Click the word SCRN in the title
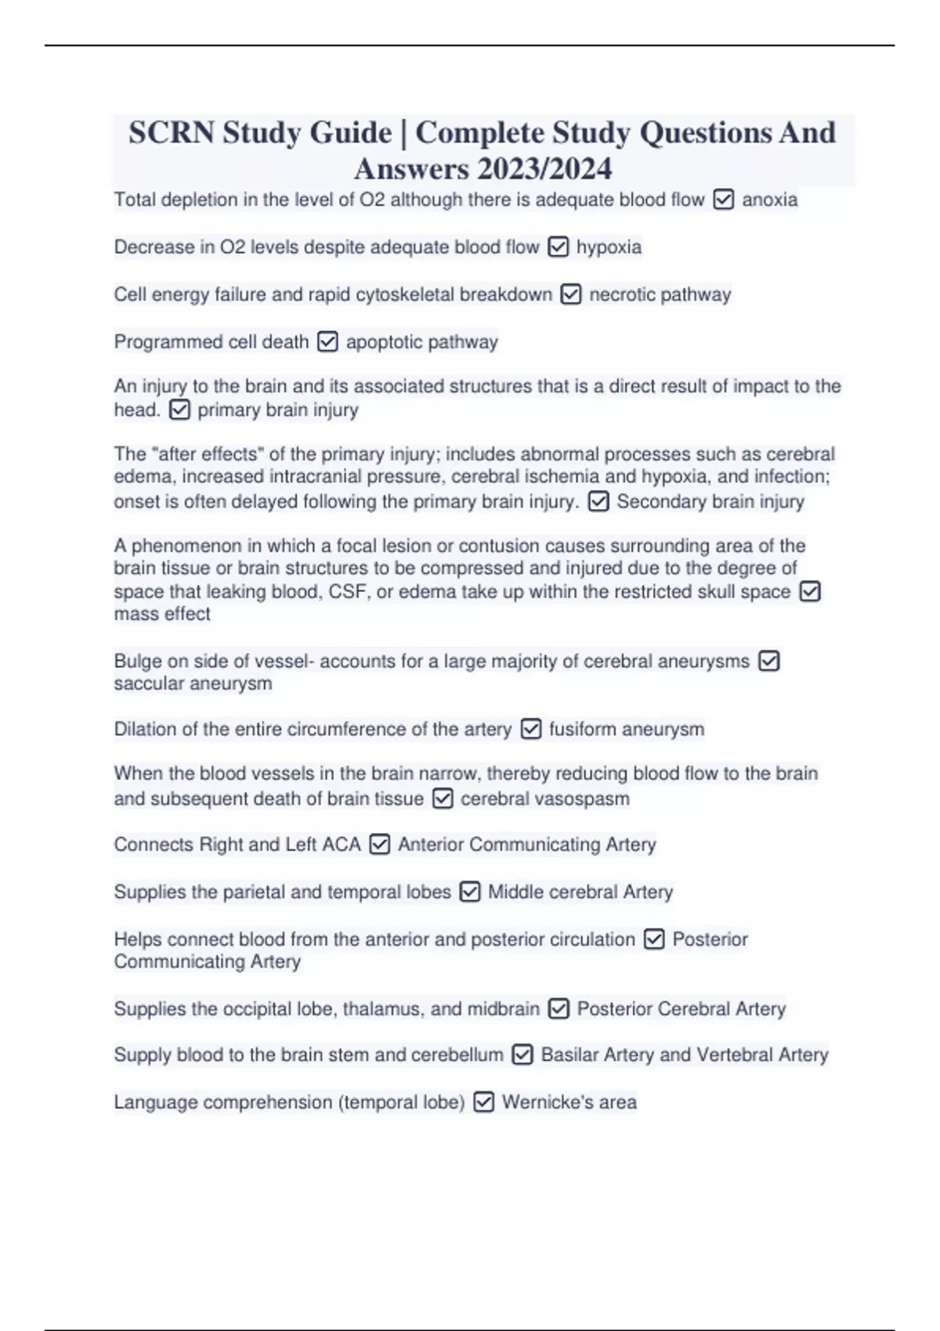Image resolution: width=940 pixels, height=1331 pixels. click(171, 132)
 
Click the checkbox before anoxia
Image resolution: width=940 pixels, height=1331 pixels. click(724, 200)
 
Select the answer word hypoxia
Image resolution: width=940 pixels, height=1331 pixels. click(609, 247)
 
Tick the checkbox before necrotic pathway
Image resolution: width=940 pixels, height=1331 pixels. click(571, 294)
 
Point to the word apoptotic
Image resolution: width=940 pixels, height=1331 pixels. click(383, 342)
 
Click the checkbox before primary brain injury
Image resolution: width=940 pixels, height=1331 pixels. click(179, 409)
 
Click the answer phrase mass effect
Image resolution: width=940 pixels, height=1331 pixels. click(162, 614)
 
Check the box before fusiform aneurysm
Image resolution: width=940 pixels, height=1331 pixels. click(531, 729)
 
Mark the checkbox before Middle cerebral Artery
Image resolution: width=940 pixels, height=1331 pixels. click(470, 892)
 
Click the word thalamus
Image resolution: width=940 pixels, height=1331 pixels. click(381, 1009)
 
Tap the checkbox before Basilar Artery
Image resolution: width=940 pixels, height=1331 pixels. click(522, 1055)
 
